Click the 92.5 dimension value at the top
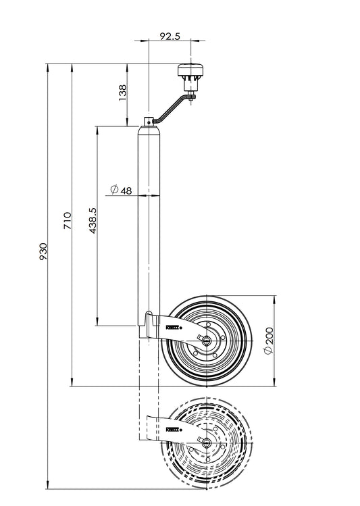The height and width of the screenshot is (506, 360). (170, 37)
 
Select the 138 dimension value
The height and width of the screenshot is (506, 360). (122, 93)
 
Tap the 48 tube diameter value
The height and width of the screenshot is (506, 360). (126, 191)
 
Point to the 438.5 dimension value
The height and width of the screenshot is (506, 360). (93, 221)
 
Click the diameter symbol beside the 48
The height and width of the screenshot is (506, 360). (113, 191)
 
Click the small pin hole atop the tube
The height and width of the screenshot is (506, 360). (149, 122)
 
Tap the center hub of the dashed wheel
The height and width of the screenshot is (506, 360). (205, 443)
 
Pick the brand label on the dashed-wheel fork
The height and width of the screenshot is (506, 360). (173, 429)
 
